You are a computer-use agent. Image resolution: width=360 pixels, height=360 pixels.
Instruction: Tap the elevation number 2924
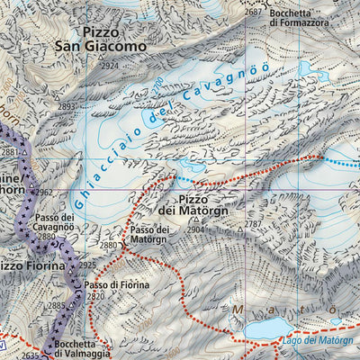click(110, 66)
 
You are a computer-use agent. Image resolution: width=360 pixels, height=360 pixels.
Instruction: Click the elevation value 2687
click(253, 11)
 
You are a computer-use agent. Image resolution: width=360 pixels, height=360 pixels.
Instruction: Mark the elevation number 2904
click(196, 229)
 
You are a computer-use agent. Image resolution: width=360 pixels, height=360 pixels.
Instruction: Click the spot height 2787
click(254, 224)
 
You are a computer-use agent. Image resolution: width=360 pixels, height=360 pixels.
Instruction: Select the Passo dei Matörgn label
click(149, 236)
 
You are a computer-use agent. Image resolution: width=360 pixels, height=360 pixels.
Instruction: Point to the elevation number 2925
click(86, 266)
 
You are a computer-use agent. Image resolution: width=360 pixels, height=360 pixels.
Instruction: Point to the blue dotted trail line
click(337, 163)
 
